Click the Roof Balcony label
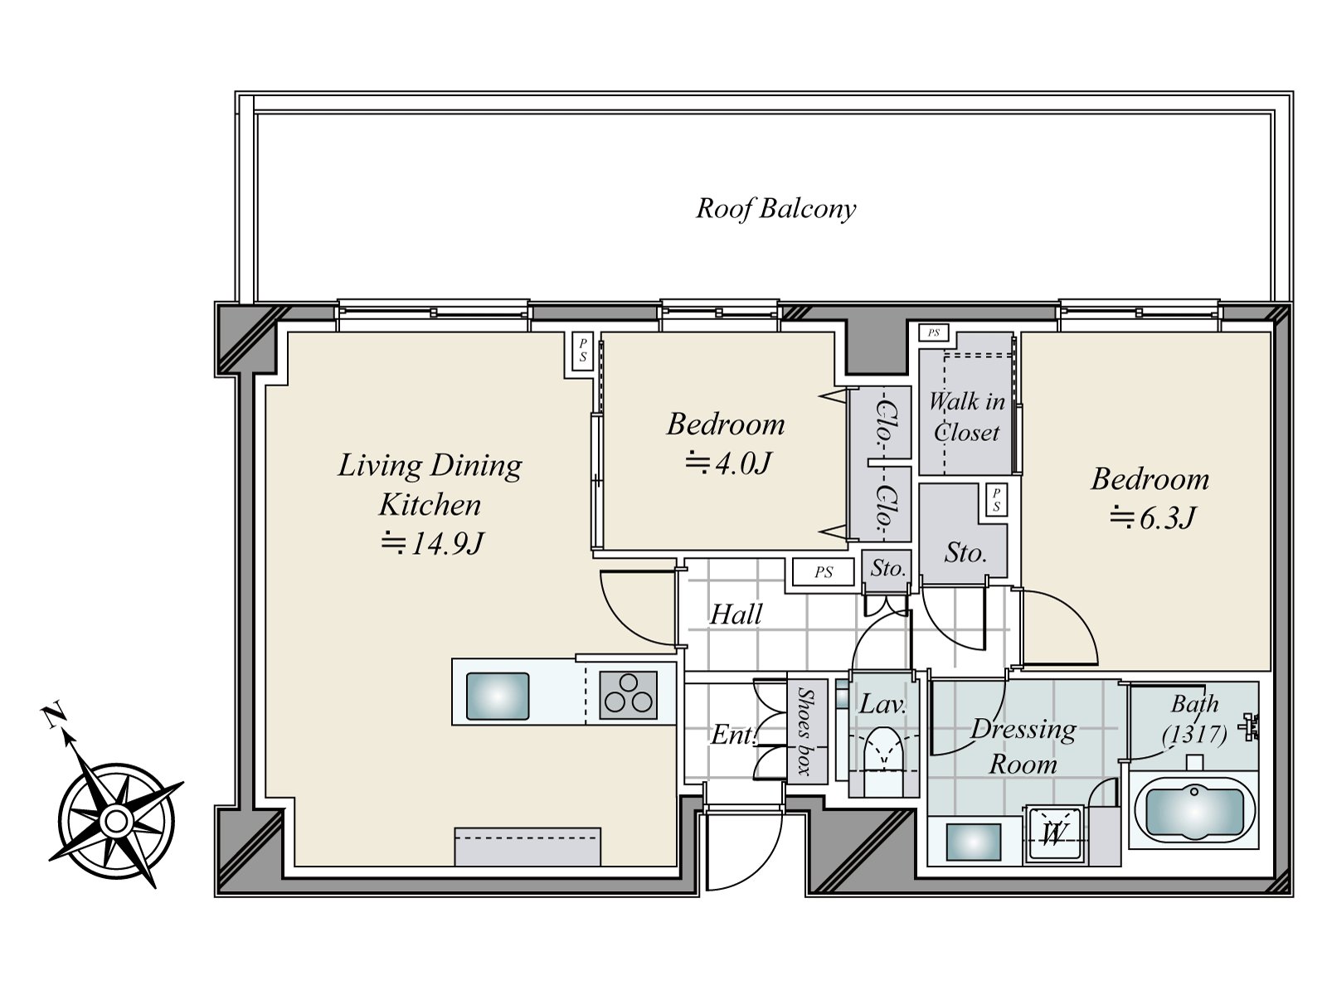[775, 209]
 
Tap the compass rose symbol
[114, 820]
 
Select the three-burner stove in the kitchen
[628, 696]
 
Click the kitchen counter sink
[497, 696]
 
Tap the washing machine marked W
[1053, 834]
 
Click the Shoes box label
[805, 731]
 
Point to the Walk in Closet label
[967, 417]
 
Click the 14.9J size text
[432, 543]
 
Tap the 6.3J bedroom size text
[1152, 517]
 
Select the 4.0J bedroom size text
[727, 464]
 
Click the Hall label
[736, 614]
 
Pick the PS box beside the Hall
[824, 571]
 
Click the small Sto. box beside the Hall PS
[887, 567]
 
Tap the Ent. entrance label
[732, 735]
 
